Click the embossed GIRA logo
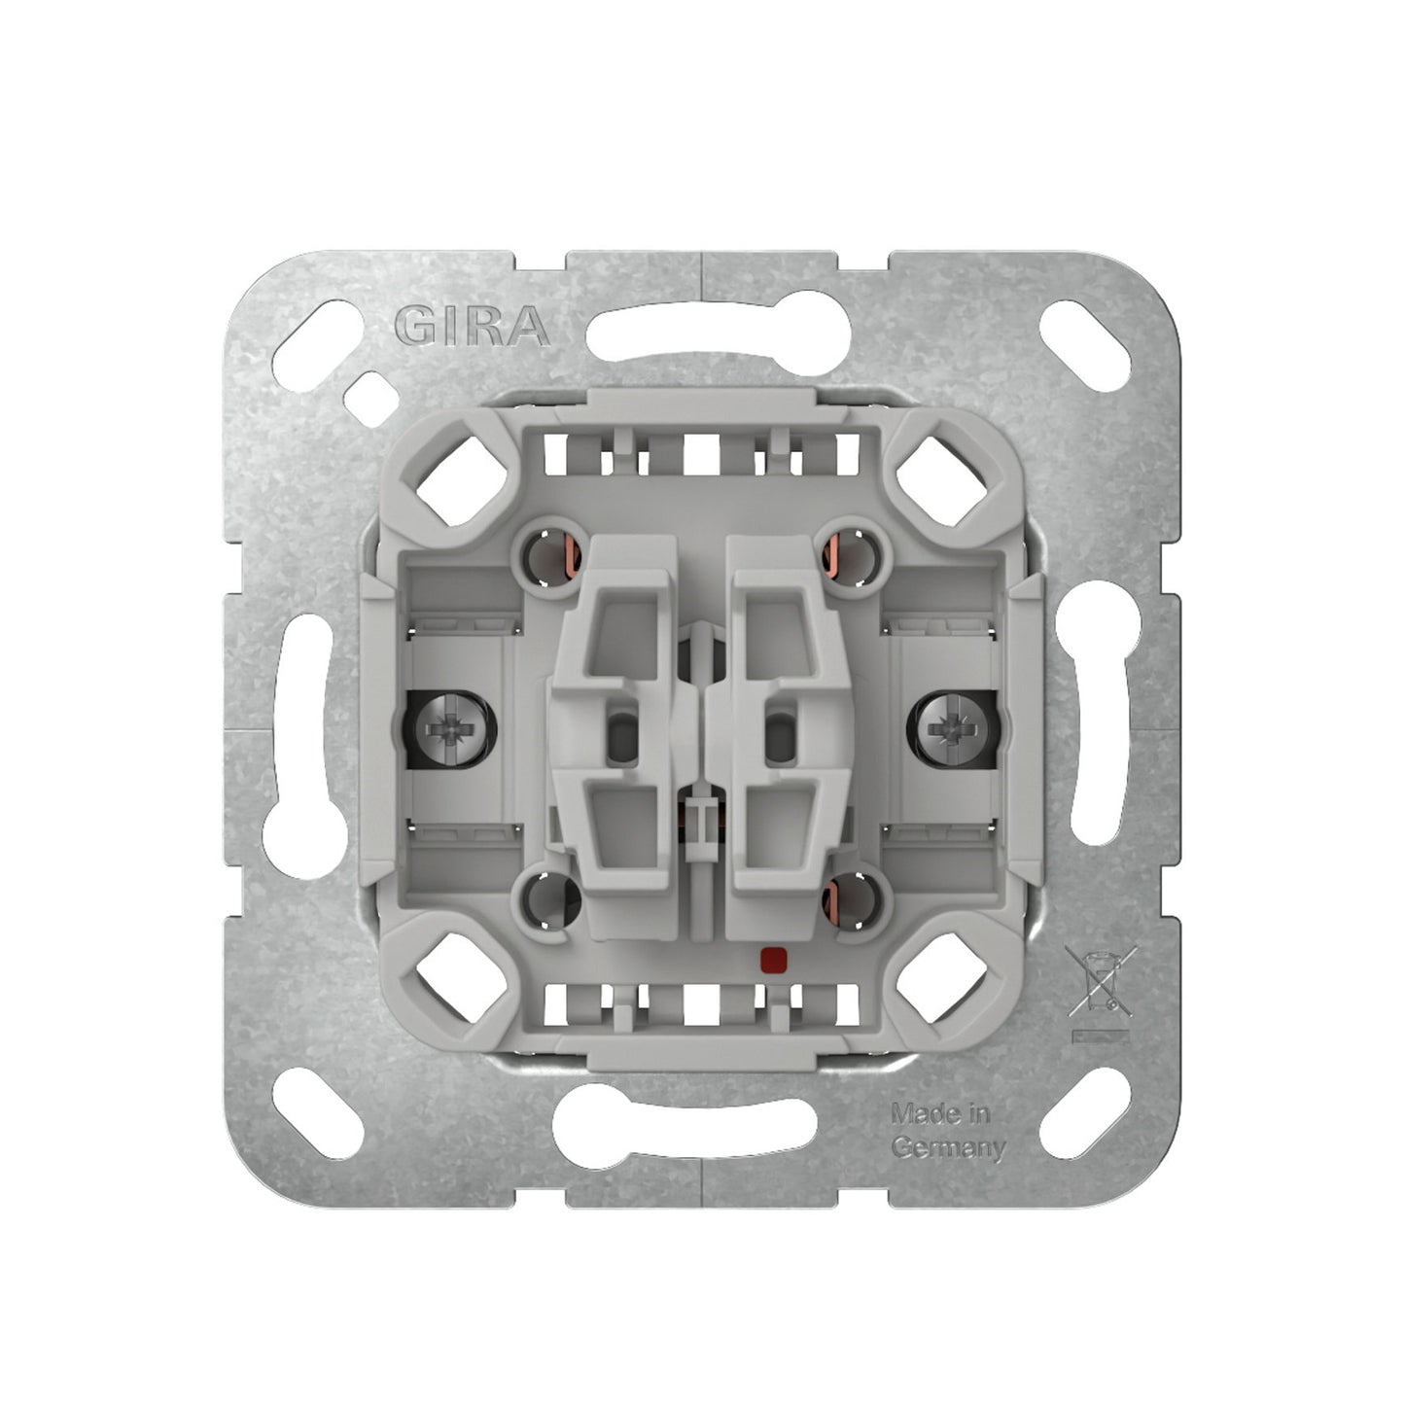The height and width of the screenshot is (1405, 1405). [472, 326]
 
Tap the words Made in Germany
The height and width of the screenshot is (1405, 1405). [948, 1131]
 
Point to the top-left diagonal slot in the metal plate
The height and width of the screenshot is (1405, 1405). [316, 346]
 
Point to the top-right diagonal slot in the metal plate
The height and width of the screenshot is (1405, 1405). [1086, 346]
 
